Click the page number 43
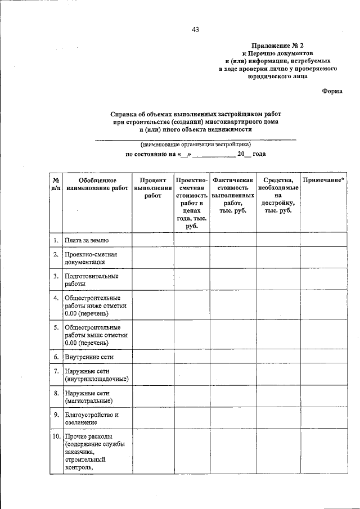tap(195, 29)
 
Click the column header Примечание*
tap(324, 180)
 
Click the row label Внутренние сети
tap(89, 357)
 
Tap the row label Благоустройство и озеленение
tap(91, 418)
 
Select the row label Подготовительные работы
tap(91, 280)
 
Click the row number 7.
tap(56, 371)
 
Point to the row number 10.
tap(56, 436)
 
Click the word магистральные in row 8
tap(88, 400)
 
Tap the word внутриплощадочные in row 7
tap(97, 379)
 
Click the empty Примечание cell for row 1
tap(324, 240)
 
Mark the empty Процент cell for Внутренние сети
tap(152, 357)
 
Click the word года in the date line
tap(259, 154)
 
